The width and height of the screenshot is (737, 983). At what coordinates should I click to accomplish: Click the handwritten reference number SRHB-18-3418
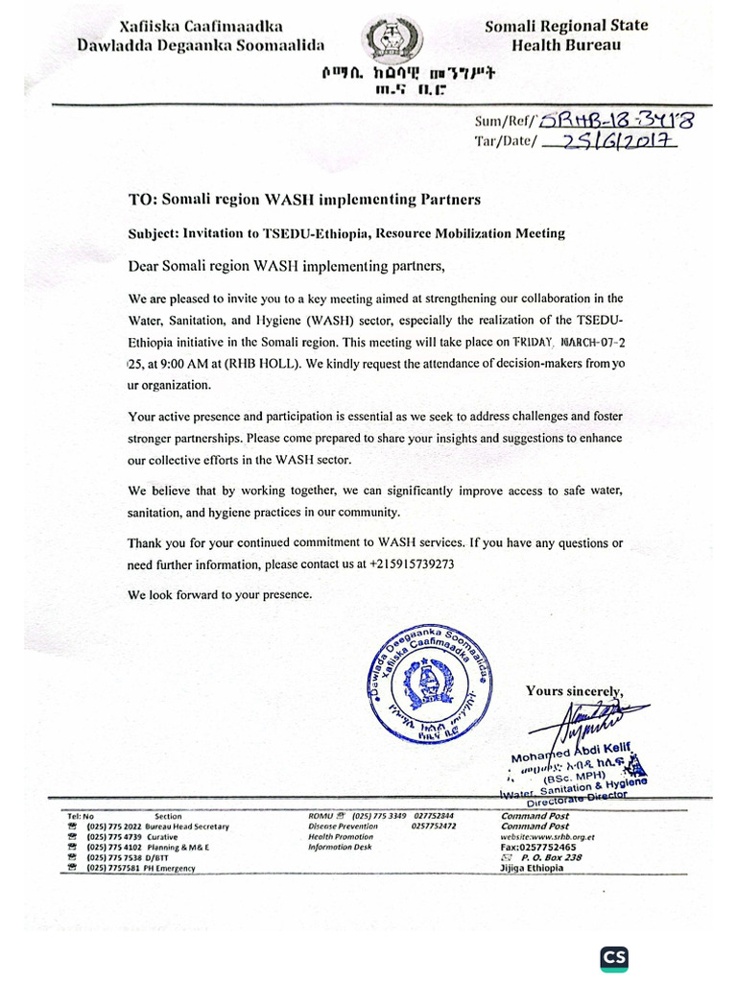tap(624, 120)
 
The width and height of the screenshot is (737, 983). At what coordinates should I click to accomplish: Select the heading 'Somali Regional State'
tap(565, 26)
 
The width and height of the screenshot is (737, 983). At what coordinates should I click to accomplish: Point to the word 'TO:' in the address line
tap(142, 200)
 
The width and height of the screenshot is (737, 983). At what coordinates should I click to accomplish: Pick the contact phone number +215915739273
tap(412, 564)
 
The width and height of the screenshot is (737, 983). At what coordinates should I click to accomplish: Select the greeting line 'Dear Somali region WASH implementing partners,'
tap(288, 265)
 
